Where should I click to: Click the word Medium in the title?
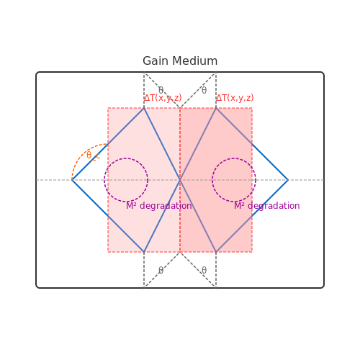tap(195, 61)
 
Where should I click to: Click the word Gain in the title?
tap(156, 61)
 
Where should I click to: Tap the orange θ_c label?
tap(93, 156)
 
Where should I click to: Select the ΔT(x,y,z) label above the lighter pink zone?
tap(163, 98)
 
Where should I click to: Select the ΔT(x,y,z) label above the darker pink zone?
tap(235, 98)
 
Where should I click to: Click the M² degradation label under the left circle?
tap(159, 206)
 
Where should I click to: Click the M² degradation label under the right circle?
tap(267, 206)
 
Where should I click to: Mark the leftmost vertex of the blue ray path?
tap(72, 180)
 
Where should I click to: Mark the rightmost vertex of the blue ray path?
tap(288, 180)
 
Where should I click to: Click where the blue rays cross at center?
tap(180, 180)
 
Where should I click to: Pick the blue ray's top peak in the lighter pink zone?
tap(144, 108)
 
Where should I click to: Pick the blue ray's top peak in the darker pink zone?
tap(216, 108)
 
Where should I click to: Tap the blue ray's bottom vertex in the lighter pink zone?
tap(144, 252)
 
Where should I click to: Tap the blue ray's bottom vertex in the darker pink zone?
tap(216, 252)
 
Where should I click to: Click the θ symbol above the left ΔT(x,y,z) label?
tap(161, 91)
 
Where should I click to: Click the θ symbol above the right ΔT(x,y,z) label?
tap(204, 91)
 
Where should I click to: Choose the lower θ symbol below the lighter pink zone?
tap(161, 271)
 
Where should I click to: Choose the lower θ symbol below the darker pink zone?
tap(204, 271)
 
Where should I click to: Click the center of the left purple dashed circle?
tap(126, 180)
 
